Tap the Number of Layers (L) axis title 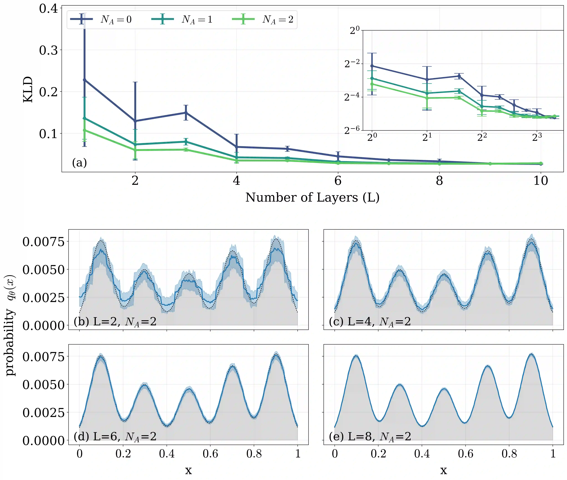[x=312, y=197]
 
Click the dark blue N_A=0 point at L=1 [x=84, y=80]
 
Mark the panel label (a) [x=79, y=163]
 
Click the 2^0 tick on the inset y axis [x=354, y=30]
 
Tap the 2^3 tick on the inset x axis [x=537, y=137]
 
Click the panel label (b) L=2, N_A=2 [x=115, y=322]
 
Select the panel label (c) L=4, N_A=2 [x=369, y=322]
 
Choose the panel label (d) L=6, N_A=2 [x=115, y=436]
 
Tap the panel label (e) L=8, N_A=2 [x=369, y=436]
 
